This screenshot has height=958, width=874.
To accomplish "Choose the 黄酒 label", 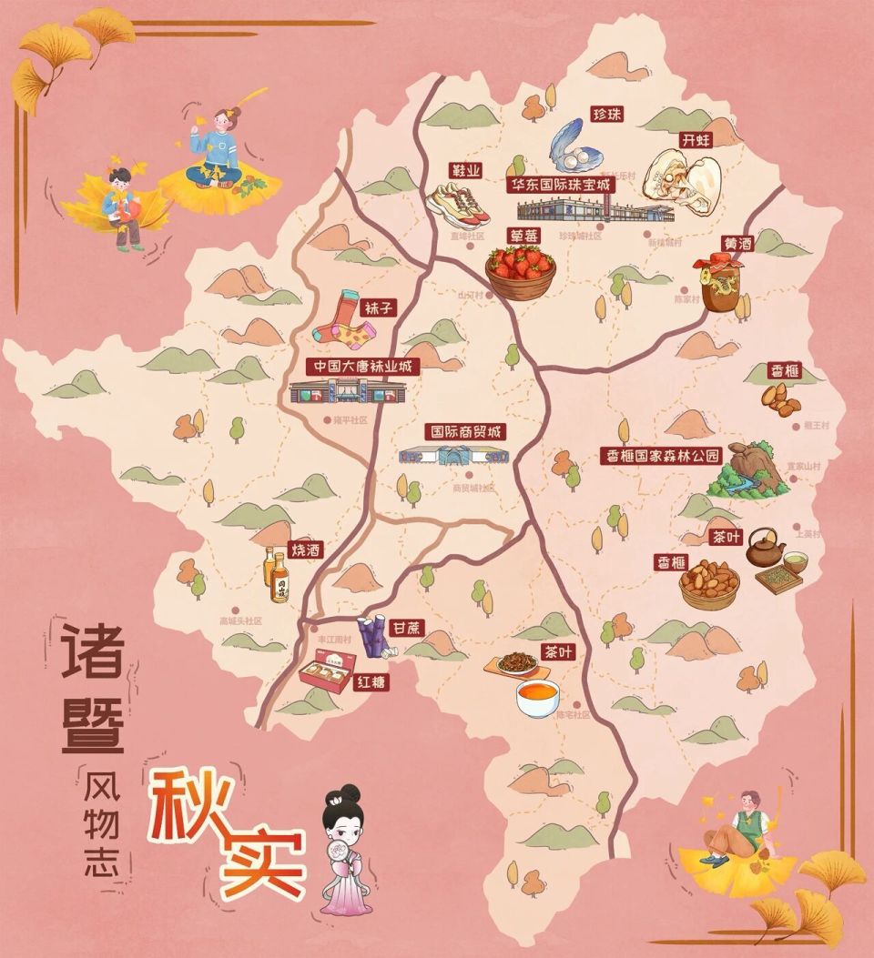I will pyautogui.click(x=737, y=244).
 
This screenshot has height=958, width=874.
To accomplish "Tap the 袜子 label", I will pyautogui.click(x=380, y=308).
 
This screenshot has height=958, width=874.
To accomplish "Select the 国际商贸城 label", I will pyautogui.click(x=466, y=431).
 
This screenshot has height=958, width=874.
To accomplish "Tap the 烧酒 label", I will pyautogui.click(x=304, y=550).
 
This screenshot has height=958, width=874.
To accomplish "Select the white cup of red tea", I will pyautogui.click(x=537, y=698).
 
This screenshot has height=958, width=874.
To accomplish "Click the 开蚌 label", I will pyautogui.click(x=696, y=140).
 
